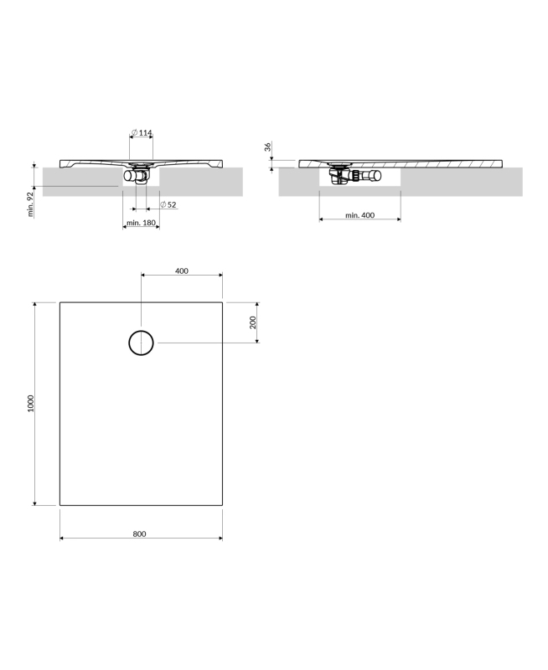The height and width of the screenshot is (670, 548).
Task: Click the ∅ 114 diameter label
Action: coord(142,133)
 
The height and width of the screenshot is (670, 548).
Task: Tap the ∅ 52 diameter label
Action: coord(168,204)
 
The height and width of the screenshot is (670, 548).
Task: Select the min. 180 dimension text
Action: coord(141,223)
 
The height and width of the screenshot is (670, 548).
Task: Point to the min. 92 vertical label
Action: coord(30,204)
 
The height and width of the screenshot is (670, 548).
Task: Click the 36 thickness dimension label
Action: coord(267,147)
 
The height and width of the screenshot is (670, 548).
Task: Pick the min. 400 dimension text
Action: coord(360,215)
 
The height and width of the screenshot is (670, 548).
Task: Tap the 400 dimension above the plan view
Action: coord(182,271)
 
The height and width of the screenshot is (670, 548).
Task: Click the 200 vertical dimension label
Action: coord(252,322)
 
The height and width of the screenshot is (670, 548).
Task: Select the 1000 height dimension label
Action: coord(30,404)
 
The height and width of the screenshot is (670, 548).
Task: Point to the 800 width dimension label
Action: coord(139,533)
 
